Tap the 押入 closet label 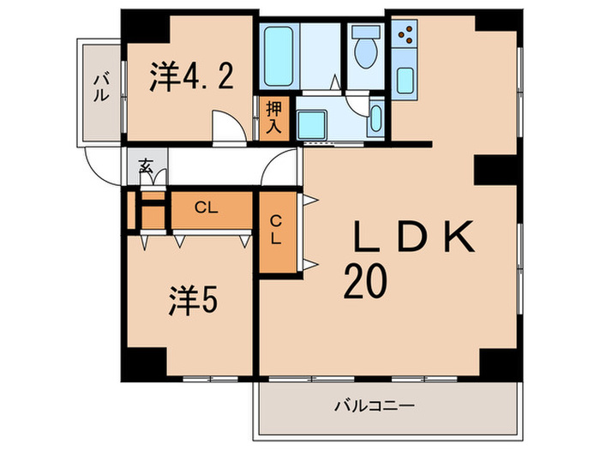point(273,117)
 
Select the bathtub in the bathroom point(279,57)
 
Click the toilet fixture point(366,50)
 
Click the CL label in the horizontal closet point(204,207)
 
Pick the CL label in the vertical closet point(275,231)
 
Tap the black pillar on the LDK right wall point(495,170)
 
